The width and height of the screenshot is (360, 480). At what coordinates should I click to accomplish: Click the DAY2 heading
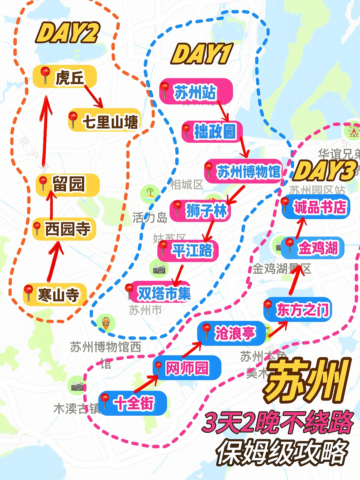tap(68, 33)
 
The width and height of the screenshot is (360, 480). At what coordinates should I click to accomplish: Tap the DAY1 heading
tap(202, 54)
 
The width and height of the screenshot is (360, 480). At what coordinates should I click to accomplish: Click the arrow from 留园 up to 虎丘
tap(45, 130)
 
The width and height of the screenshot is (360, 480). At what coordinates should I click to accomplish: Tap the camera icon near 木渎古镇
tap(77, 386)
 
